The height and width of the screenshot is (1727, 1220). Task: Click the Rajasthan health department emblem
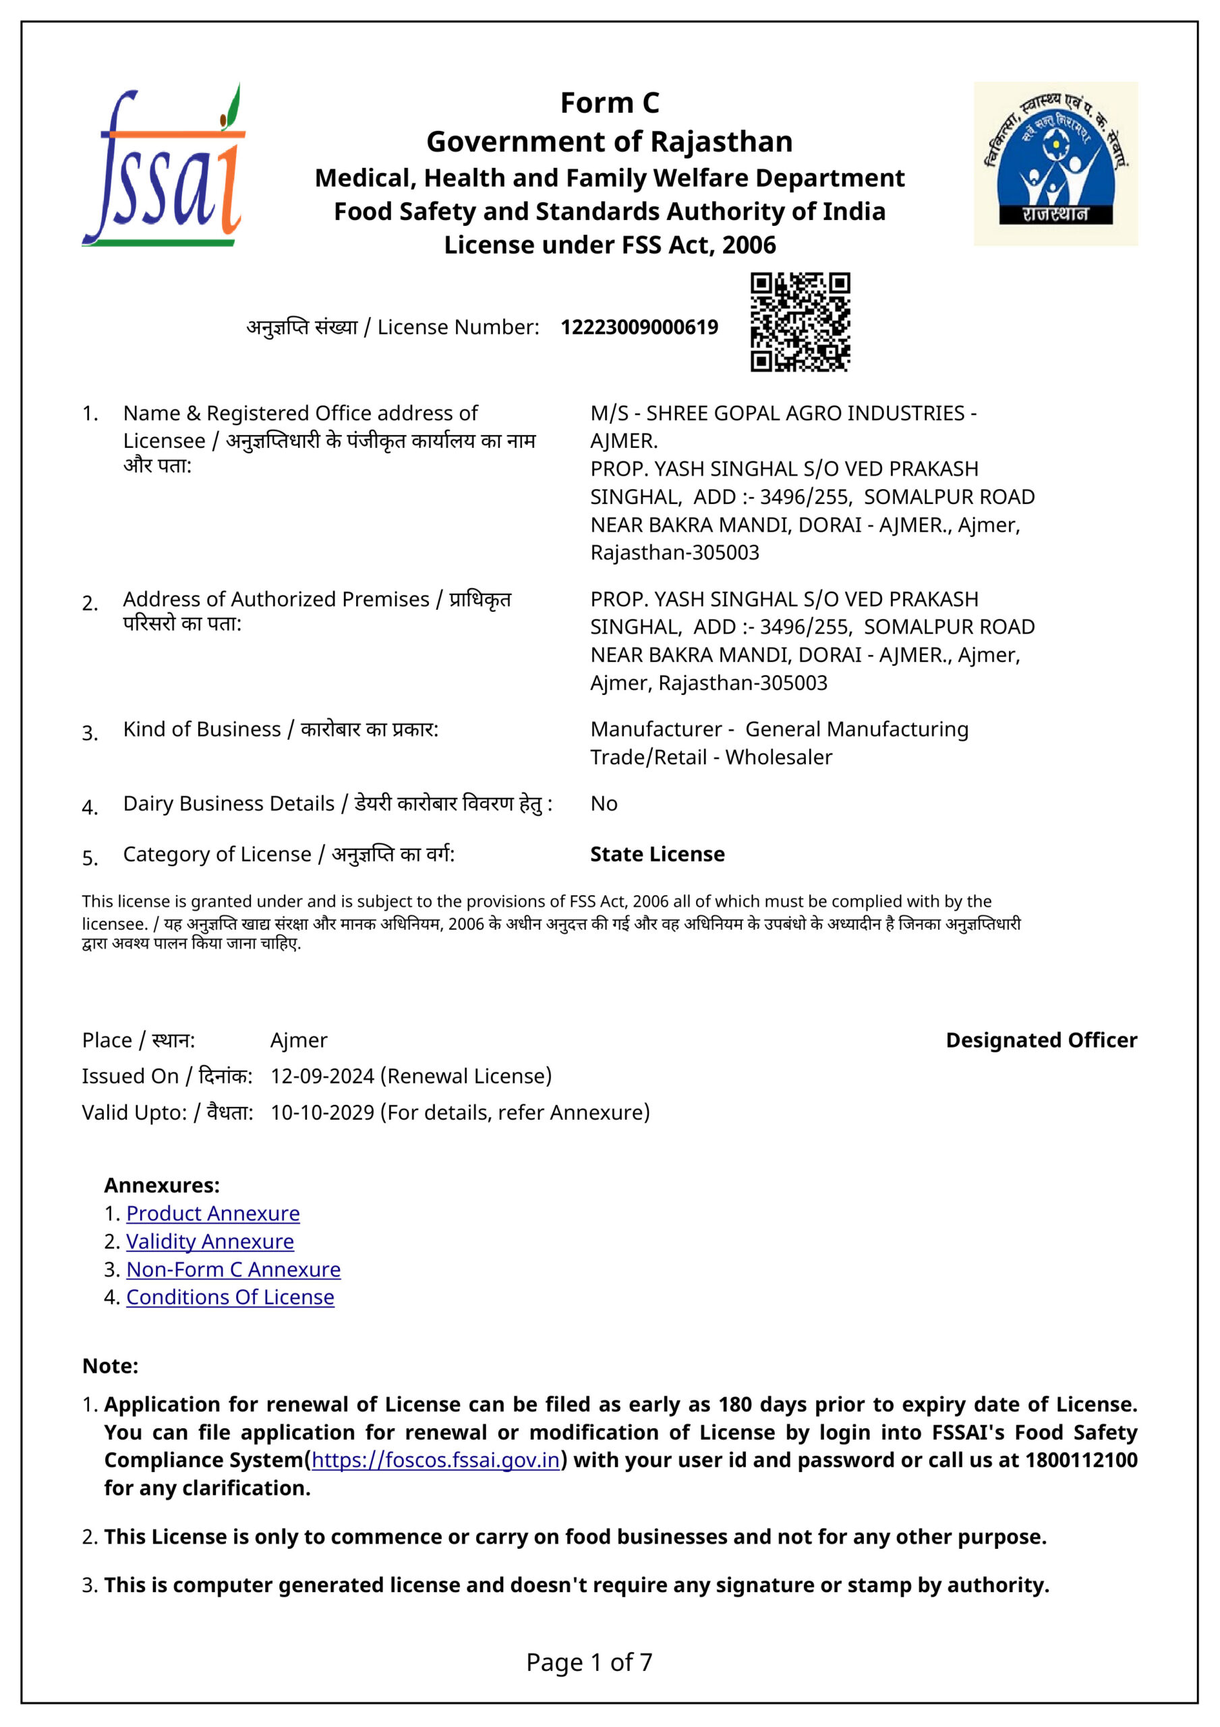[x=1055, y=164]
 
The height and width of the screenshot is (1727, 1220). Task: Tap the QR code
[x=800, y=322]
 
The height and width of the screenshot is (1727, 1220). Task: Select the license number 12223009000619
[x=639, y=327]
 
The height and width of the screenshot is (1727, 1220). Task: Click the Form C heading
[x=609, y=103]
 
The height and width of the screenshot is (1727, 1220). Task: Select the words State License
[x=657, y=854]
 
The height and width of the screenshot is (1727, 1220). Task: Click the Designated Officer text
[x=1041, y=1040]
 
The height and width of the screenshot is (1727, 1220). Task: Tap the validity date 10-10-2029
[x=322, y=1112]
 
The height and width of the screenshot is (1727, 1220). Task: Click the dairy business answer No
[x=603, y=803]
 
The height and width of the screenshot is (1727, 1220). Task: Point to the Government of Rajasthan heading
[x=609, y=142]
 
